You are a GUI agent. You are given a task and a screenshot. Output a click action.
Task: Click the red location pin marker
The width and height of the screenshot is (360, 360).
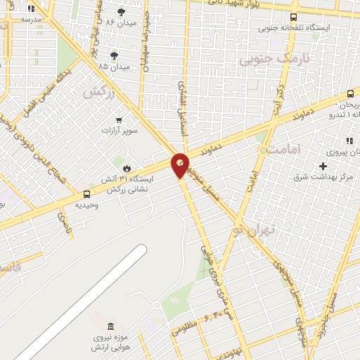[x=181, y=165]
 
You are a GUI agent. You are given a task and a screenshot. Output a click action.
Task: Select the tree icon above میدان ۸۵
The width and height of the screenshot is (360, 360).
[x=115, y=56]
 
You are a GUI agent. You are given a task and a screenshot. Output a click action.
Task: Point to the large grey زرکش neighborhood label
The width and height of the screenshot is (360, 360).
[x=98, y=91]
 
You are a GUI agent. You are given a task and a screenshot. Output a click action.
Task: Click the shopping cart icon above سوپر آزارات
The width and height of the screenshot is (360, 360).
[x=119, y=120]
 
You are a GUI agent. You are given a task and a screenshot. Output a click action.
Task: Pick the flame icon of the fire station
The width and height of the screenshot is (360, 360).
[x=127, y=168]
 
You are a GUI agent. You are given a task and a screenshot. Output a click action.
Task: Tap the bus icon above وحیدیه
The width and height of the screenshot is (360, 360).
[x=87, y=194]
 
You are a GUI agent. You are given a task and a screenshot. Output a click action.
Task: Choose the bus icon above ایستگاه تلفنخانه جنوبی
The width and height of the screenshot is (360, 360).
[x=293, y=17]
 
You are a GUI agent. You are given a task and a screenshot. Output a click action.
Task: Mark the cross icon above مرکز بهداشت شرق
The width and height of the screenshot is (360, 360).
[x=323, y=166]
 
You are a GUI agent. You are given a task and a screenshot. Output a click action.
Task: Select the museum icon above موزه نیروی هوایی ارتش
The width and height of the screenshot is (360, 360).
[x=109, y=327]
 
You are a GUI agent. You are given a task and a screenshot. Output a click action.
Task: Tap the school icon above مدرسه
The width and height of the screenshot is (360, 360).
[x=31, y=9]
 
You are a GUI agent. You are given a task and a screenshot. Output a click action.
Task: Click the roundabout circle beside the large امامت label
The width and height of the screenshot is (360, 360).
[x=264, y=150]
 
